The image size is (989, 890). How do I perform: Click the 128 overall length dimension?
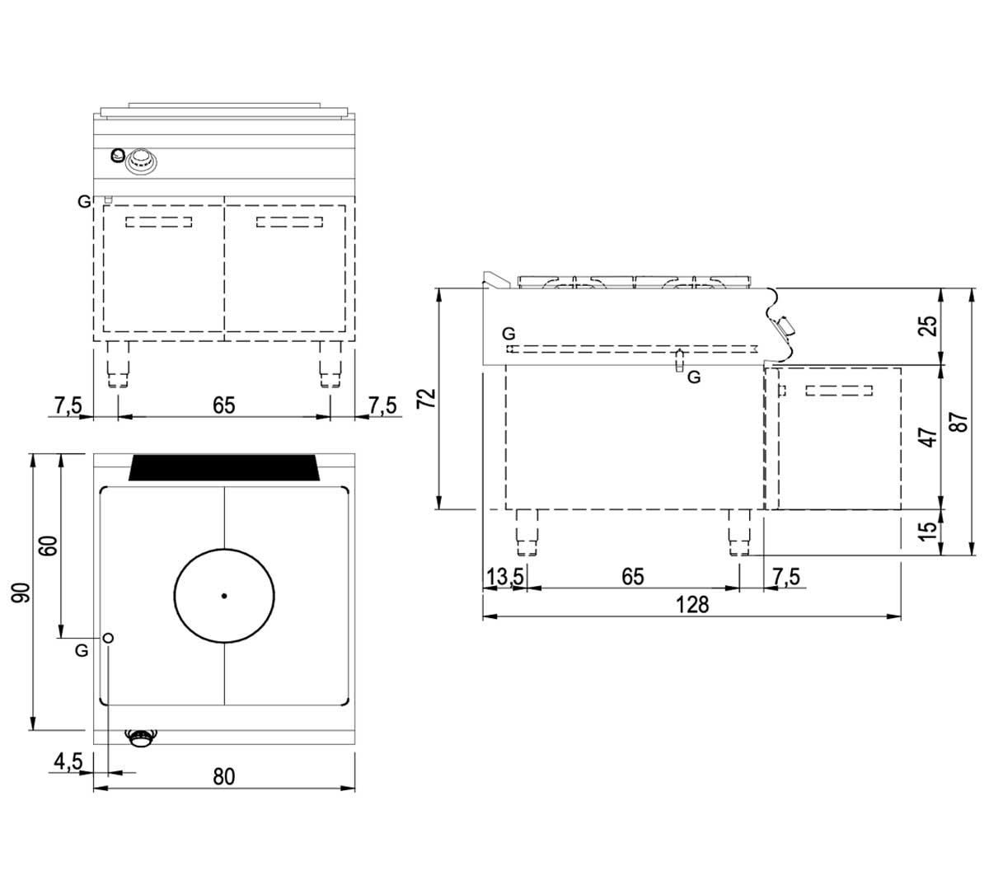pos(692,605)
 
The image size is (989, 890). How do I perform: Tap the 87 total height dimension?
pos(959,422)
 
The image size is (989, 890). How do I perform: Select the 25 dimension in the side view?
pos(928,326)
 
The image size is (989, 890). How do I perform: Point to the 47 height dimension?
pos(928,437)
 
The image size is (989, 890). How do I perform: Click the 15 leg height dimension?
pos(928,531)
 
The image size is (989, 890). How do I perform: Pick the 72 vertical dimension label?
pos(427,398)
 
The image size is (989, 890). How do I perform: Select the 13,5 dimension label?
pos(505,576)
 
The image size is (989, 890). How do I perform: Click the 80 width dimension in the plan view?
pos(224,777)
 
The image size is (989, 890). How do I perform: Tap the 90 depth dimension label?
pos(21,593)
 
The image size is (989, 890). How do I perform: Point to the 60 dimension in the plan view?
pos(49,546)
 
